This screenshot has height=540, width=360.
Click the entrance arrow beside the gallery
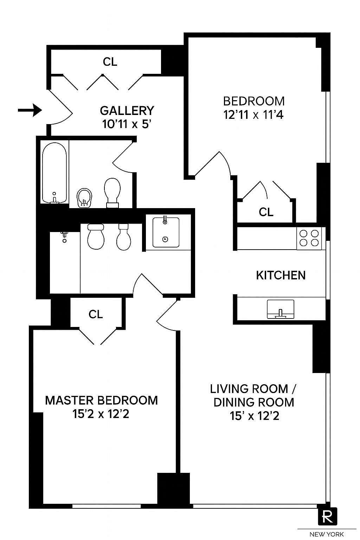[x=30, y=110]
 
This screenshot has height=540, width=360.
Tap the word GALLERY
[x=127, y=110]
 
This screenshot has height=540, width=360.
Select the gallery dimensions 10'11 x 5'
[x=127, y=124]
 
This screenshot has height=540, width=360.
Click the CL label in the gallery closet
[x=110, y=62]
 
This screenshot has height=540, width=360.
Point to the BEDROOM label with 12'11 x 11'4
[x=254, y=101]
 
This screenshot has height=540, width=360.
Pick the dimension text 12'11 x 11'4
[x=254, y=115]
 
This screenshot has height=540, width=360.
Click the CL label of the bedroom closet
[x=266, y=212]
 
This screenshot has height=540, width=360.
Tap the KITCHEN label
[x=281, y=275]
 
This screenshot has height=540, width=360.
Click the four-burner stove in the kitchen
[x=309, y=238]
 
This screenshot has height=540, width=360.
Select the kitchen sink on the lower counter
[x=280, y=309]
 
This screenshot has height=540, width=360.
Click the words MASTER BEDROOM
[x=101, y=400]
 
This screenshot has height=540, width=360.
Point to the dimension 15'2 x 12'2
[x=101, y=414]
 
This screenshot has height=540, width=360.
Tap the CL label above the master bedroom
[x=96, y=314]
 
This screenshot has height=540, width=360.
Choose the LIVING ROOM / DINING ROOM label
[x=253, y=396]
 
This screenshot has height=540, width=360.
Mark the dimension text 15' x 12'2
[x=255, y=416]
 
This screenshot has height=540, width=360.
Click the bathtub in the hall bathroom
[x=54, y=173]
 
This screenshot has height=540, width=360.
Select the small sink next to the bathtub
[x=84, y=199]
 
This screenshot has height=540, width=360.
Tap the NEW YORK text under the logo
[x=327, y=534]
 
